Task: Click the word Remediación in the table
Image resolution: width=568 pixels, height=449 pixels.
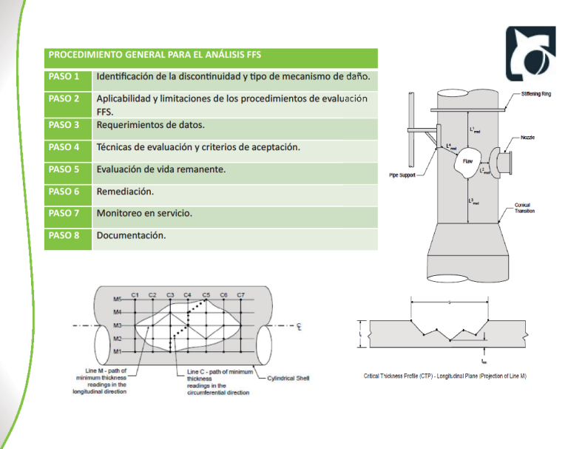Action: (125, 192)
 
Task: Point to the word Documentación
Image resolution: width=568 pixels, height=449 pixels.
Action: (131, 236)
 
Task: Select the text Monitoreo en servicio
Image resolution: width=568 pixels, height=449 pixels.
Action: (144, 213)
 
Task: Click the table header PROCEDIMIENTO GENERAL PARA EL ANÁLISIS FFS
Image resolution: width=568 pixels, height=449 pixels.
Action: (155, 55)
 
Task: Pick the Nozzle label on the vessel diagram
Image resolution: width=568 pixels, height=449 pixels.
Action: (528, 138)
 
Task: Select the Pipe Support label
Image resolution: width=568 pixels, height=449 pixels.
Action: (402, 175)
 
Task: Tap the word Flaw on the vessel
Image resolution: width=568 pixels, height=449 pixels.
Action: (467, 161)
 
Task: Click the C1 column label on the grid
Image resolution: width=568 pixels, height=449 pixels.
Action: (135, 294)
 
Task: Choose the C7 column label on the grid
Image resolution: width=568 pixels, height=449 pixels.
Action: (240, 294)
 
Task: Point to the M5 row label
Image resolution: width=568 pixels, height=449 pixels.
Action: (117, 299)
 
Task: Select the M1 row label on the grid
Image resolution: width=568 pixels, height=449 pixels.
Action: (117, 351)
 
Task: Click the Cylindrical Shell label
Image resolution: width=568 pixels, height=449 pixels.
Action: (288, 378)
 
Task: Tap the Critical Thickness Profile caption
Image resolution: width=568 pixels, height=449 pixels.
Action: (444, 377)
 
